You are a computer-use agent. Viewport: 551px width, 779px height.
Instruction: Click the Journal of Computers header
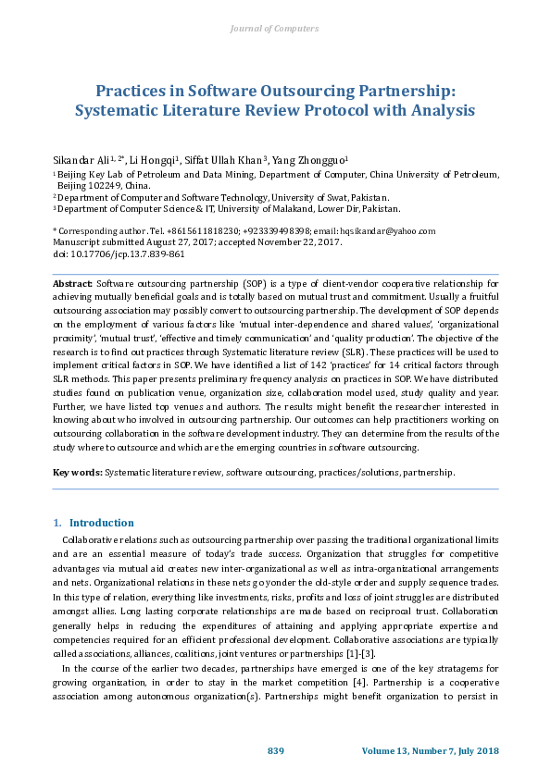[x=275, y=29]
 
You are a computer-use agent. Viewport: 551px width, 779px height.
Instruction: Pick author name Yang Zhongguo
[x=308, y=159]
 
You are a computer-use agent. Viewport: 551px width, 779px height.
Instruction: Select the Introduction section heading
[x=101, y=523]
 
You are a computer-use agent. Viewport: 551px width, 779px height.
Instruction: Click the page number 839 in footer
[x=275, y=749]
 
